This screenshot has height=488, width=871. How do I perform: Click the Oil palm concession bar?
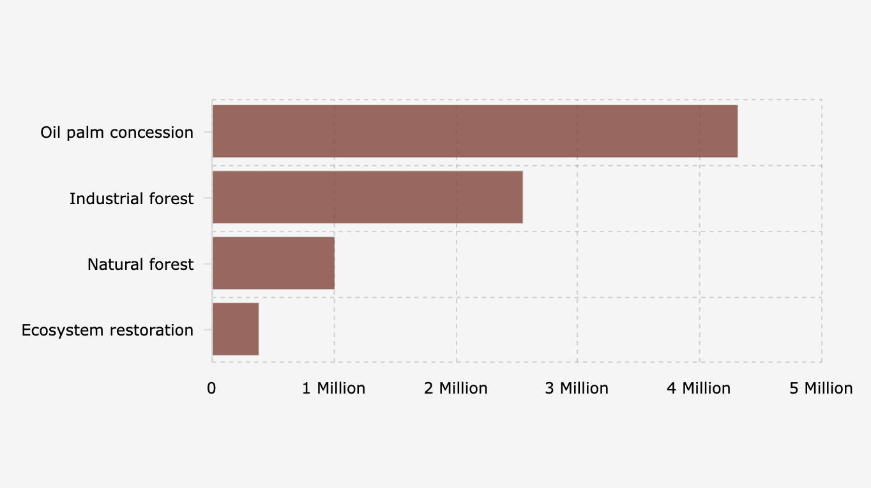tap(474, 131)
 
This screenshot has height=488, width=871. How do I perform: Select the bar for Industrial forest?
tap(367, 197)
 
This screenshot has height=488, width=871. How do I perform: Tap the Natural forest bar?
tap(273, 263)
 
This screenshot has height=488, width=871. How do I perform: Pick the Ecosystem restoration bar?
tap(236, 329)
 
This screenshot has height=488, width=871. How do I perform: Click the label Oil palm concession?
tap(117, 133)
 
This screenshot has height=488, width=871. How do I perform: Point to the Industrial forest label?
tap(132, 199)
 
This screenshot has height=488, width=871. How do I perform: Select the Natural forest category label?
tap(140, 265)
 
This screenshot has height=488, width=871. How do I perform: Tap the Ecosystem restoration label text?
tap(107, 330)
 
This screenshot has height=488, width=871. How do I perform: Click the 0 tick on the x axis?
tap(211, 388)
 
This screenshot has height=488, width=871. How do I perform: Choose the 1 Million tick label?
tap(333, 388)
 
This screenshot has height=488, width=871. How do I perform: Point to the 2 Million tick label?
tap(456, 388)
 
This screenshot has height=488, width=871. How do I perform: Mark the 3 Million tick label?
tap(577, 388)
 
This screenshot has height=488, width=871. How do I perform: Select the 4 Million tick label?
tap(699, 388)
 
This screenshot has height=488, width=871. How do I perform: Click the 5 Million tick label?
tap(821, 388)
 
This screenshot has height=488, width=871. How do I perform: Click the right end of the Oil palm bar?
tap(736, 131)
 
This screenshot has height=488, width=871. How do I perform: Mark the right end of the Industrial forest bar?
tap(521, 197)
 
